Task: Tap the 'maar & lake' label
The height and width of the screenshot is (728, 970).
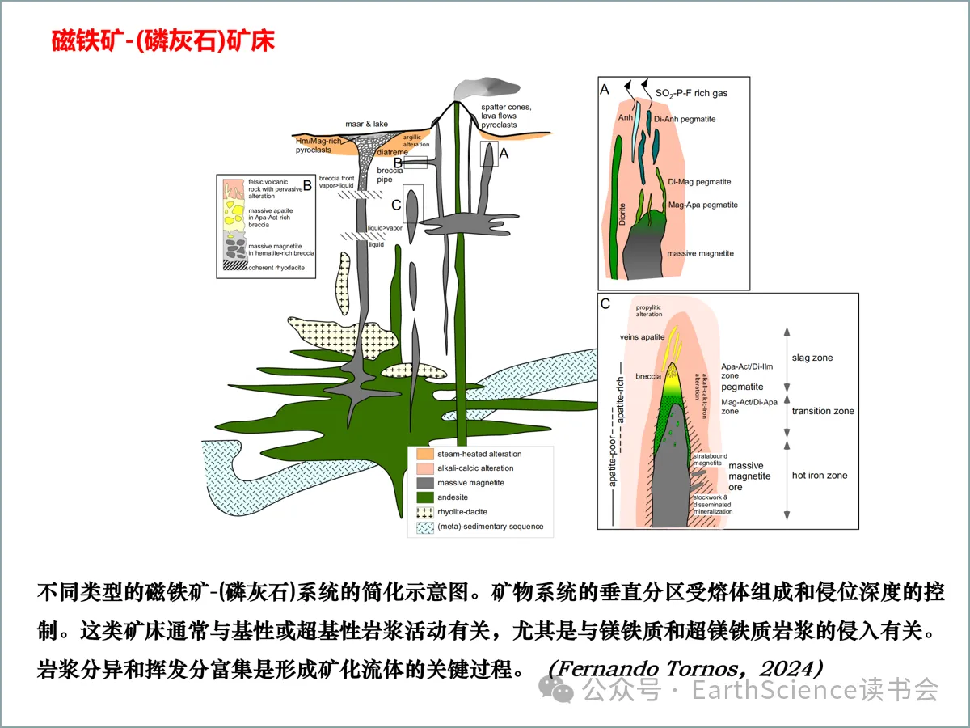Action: click(x=366, y=124)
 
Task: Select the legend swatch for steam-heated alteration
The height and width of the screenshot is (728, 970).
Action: click(x=421, y=454)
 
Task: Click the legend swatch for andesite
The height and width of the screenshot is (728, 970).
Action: click(x=421, y=497)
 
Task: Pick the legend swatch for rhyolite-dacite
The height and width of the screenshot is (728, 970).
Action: click(x=421, y=512)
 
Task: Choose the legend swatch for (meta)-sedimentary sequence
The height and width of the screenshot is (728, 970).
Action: click(x=421, y=527)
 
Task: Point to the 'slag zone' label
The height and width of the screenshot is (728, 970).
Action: click(x=812, y=358)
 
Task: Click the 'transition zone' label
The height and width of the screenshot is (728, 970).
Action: click(x=823, y=411)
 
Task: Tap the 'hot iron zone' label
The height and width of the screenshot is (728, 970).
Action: click(x=820, y=475)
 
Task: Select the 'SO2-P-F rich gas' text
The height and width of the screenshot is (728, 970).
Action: click(x=690, y=94)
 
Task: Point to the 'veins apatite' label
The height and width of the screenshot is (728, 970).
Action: click(x=642, y=336)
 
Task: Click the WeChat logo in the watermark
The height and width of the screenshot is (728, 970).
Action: click(x=559, y=689)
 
